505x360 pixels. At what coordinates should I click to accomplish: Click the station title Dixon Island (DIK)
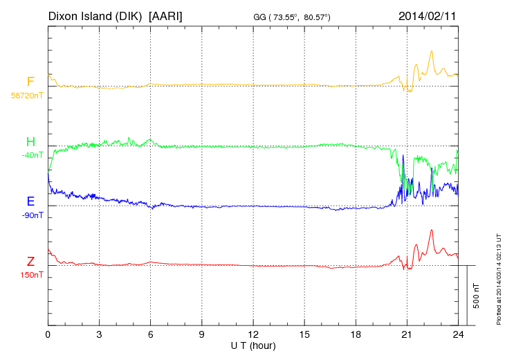(x=96, y=15)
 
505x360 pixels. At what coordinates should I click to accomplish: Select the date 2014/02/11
(x=428, y=15)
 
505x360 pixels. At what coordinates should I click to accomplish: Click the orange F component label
(x=30, y=82)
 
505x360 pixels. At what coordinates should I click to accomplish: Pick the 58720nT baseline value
(x=27, y=96)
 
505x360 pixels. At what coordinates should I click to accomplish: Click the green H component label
(x=30, y=142)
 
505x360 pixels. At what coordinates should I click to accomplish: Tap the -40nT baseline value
(x=32, y=155)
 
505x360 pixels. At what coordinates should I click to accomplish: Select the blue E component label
(x=30, y=201)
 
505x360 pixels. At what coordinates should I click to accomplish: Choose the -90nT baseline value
(x=32, y=215)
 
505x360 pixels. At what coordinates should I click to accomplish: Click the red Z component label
(x=30, y=262)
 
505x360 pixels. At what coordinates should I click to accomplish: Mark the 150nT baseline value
(x=31, y=275)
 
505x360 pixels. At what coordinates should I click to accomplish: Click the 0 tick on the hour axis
(x=48, y=334)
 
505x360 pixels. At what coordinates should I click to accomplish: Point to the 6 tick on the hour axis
(x=151, y=334)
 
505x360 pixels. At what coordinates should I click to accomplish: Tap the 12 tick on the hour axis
(x=253, y=334)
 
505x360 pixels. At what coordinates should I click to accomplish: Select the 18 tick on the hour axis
(x=356, y=334)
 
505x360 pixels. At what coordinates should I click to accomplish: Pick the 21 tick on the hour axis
(x=407, y=334)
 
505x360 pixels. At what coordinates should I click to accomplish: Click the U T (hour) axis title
(x=253, y=345)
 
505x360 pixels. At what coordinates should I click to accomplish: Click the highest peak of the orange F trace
(x=432, y=51)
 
